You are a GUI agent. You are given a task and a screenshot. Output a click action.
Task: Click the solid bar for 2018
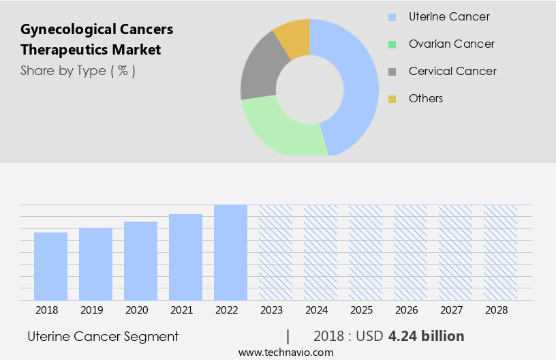(50, 266)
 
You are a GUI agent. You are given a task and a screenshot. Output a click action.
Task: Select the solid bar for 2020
(140, 260)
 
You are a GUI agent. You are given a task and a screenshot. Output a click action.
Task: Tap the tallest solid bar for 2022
(230, 252)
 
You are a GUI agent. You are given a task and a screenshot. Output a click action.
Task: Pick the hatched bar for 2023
(275, 252)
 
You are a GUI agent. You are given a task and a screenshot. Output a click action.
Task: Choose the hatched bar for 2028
(500, 252)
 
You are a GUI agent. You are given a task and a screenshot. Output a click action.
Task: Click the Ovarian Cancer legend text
(451, 44)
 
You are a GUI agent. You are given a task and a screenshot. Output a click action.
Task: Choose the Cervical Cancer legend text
(452, 71)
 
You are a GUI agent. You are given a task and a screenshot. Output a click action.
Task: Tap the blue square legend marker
(392, 17)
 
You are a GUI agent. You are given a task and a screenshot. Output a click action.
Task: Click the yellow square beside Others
(392, 99)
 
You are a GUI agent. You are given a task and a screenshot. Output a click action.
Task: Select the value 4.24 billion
(426, 336)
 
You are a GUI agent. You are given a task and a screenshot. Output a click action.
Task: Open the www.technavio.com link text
(285, 352)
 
